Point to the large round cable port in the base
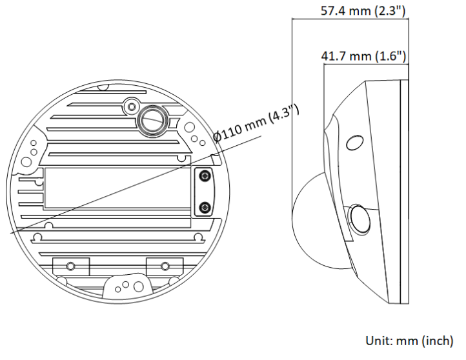tap(152, 118)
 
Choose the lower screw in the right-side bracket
tap(205, 207)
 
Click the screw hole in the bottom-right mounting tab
tap(165, 265)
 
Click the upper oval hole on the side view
tap(354, 142)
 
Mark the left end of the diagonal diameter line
tap(9, 232)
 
